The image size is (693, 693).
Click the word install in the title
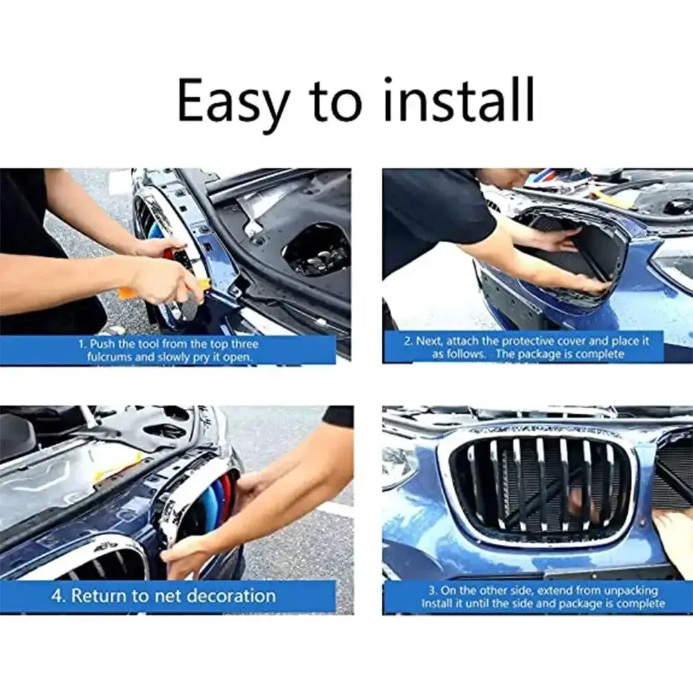tap(459, 99)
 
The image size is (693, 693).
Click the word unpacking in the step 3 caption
tap(631, 591)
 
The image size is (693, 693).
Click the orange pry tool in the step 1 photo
tap(124, 291)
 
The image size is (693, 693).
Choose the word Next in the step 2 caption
tap(430, 341)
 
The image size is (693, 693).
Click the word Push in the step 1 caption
tap(102, 344)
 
